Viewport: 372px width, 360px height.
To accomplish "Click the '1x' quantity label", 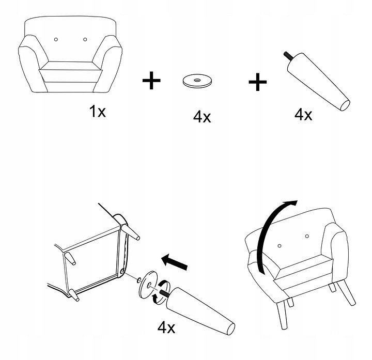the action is (x=97, y=112).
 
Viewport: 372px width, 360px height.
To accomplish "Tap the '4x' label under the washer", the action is (x=202, y=117).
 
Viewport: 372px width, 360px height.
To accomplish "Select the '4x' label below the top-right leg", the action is (x=303, y=115).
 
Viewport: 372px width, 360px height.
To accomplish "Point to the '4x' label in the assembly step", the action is (x=166, y=327).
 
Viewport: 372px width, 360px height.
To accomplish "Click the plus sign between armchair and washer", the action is (x=151, y=81).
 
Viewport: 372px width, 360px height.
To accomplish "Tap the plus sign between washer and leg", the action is (x=258, y=82).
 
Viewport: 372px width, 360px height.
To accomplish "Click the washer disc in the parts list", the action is (x=197, y=81).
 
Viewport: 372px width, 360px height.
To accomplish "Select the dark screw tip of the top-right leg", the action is (x=288, y=55).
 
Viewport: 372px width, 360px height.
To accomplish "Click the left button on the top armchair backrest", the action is (x=56, y=39).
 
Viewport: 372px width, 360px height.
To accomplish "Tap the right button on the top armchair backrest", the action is (x=85, y=39).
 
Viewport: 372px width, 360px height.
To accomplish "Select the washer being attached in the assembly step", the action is (x=148, y=285).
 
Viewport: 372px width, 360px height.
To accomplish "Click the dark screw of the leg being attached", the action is (x=165, y=293).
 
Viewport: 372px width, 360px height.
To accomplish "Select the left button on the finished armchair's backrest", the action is (x=280, y=246).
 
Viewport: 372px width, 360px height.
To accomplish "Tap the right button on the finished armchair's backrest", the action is (x=307, y=236).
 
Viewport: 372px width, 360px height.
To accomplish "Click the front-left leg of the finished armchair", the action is (x=282, y=316).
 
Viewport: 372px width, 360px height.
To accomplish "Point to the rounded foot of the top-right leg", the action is (x=345, y=105).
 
